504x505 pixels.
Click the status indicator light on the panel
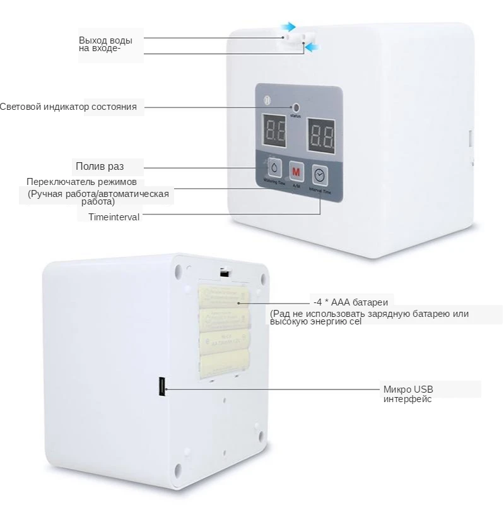[x=295, y=108]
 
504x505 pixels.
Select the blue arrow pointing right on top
[x=288, y=27]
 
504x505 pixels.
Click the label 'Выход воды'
[x=105, y=40]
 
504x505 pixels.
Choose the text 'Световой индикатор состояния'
[x=68, y=107]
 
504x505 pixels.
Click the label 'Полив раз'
[x=100, y=167]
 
